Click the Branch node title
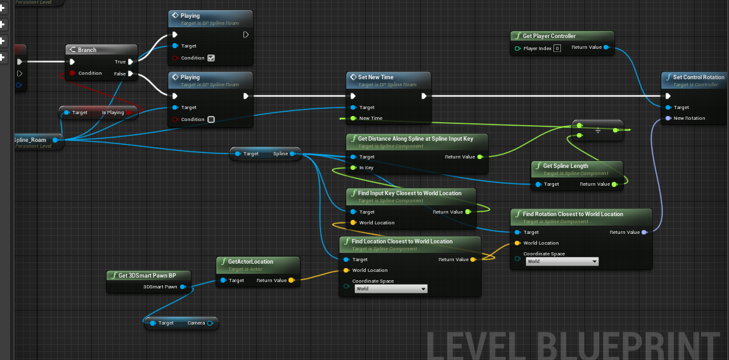point(87,50)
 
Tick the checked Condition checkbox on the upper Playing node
point(211,58)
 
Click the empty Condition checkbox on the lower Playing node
point(211,119)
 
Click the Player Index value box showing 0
point(557,48)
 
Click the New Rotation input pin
point(668,119)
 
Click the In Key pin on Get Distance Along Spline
point(353,168)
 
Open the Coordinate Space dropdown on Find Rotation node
point(562,261)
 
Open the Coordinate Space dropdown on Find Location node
point(390,289)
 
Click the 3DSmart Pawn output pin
point(183,286)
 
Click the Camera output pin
point(210,323)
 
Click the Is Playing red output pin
point(129,113)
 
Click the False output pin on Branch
point(130,74)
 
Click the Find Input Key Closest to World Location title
point(410,193)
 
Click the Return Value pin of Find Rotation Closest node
point(644,233)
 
